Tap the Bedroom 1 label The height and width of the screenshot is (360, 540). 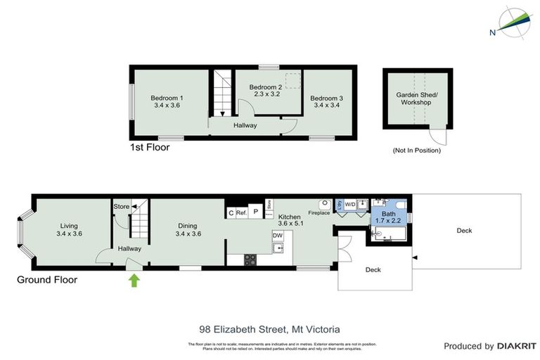click(x=167, y=98)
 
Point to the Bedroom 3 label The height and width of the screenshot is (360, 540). click(x=326, y=98)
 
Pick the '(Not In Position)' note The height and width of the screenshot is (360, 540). click(x=416, y=151)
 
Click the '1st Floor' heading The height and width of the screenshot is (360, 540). click(x=149, y=148)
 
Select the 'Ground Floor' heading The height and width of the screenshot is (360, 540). click(x=46, y=280)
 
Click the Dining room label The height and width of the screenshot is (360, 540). click(x=188, y=226)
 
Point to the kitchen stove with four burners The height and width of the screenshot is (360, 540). click(x=250, y=259)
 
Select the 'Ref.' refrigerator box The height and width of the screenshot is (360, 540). click(x=241, y=212)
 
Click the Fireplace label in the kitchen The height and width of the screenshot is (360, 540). click(x=319, y=212)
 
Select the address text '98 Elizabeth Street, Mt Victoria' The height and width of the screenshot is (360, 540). click(x=270, y=328)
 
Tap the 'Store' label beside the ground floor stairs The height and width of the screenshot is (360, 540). click(x=121, y=207)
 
